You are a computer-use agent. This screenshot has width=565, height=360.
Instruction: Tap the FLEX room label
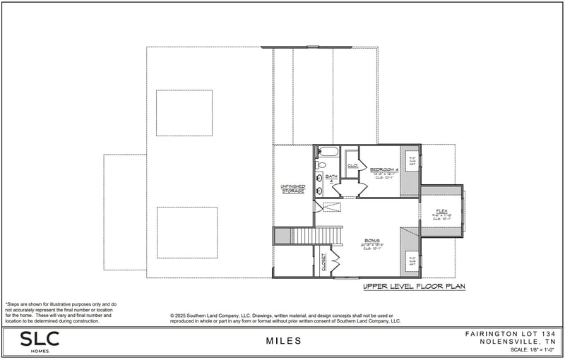click(x=441, y=211)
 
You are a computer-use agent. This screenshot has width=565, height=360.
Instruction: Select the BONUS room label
click(x=371, y=241)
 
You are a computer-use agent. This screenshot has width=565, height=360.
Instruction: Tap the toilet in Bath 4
click(x=321, y=165)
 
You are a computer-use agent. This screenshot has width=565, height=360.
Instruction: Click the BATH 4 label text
click(x=329, y=179)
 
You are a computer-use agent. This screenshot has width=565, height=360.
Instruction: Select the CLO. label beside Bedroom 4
click(x=351, y=165)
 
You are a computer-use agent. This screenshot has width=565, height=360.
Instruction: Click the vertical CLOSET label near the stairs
click(x=324, y=262)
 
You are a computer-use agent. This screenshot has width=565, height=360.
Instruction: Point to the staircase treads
click(x=318, y=235)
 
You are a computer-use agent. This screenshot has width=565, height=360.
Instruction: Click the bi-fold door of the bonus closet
click(x=335, y=262)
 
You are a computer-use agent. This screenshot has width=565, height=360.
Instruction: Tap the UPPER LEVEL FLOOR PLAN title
click(x=414, y=287)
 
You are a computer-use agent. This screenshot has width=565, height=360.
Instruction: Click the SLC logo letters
click(x=40, y=338)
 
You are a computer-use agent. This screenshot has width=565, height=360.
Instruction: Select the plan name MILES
click(x=283, y=341)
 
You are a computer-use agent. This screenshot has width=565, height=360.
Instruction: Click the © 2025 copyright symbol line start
click(x=173, y=315)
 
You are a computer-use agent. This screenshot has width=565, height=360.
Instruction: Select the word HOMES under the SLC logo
click(x=40, y=351)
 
